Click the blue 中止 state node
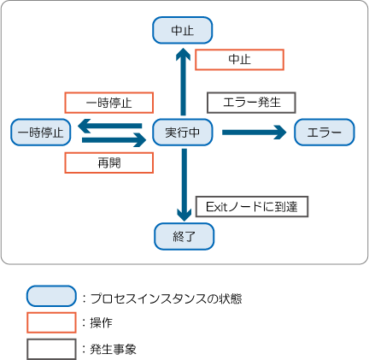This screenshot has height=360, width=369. coord(183,30)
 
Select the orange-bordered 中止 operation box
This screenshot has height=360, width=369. coord(239,60)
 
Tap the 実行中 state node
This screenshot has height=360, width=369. coord(183,133)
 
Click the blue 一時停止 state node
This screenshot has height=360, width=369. coord(41,133)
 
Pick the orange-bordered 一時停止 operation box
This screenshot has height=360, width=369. coord(109,103)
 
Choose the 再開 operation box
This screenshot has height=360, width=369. coord(109,162)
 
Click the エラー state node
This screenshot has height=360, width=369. coord(325,133)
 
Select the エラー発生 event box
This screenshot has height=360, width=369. coord(251,103)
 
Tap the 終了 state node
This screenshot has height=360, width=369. coord(184,236)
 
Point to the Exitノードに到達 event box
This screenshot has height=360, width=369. coord(252,207)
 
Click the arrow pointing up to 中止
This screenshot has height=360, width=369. coord(183,81)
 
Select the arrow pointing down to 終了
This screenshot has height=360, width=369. coord(184,185)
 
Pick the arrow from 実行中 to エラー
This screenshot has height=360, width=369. coord(255,133)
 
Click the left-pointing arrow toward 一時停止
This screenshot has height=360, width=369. coord(110,126)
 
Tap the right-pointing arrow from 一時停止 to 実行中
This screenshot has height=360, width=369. coord(114,140)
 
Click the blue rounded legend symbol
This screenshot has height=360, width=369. coord(51,296)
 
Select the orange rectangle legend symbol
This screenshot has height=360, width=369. coord(51,322)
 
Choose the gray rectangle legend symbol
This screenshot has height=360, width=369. coord(51,349)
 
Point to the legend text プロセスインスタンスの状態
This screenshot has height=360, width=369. coord(167,298)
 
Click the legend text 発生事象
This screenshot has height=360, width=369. coord(114,349)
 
